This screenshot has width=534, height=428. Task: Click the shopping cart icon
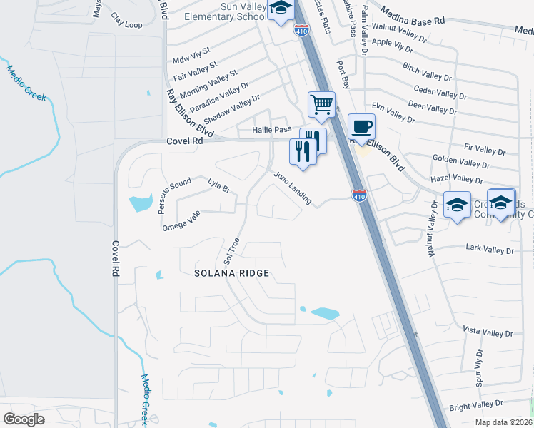coord(322,104)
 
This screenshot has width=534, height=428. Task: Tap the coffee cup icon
coord(362,127)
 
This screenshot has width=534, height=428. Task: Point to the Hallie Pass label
coord(272,130)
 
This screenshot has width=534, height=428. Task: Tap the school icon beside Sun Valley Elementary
coord(281,9)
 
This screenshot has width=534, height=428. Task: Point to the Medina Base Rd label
coord(412,18)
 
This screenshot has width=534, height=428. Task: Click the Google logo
coord(24,419)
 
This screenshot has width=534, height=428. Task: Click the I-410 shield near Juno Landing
coord(360,195)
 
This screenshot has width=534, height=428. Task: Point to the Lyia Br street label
coord(218,186)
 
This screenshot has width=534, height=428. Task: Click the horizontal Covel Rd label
coord(184,141)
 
